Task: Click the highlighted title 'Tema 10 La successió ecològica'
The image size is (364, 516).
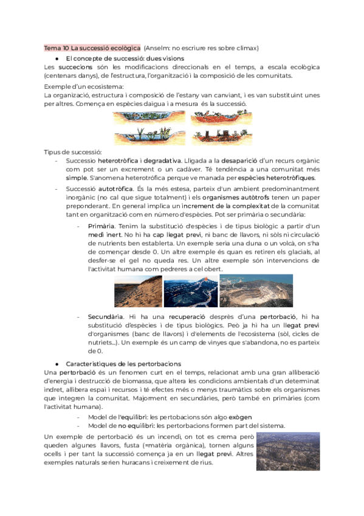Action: [x=92, y=47]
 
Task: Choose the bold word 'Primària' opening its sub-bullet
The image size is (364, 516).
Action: [x=101, y=226]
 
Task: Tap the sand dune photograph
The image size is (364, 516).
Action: [x=137, y=291]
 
